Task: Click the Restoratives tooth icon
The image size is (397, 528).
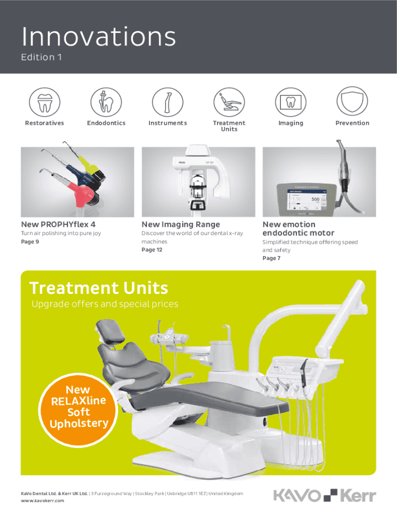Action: [44, 102]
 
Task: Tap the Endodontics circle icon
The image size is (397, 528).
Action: [106, 102]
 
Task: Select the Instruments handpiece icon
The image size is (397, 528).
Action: [168, 102]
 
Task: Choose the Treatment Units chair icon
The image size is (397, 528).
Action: [229, 102]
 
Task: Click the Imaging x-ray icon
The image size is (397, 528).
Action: [291, 102]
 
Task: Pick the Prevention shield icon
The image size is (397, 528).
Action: [352, 101]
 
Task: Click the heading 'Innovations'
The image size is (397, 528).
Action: [98, 37]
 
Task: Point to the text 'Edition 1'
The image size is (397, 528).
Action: [41, 57]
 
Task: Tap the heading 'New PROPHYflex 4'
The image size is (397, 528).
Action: [58, 224]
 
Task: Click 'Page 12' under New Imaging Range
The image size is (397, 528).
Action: [152, 250]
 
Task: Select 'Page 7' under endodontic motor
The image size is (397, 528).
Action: [271, 258]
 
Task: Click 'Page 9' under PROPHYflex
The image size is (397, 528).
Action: [30, 242]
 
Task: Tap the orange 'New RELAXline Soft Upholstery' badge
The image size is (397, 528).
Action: [78, 410]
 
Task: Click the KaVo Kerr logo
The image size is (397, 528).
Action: [325, 496]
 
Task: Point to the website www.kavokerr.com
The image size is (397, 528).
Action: [42, 501]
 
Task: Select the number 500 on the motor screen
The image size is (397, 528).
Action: [315, 199]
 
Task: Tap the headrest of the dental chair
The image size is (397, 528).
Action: [108, 332]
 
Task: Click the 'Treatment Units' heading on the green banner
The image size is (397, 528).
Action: [98, 288]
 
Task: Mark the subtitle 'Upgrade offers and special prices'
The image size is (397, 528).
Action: [105, 304]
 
